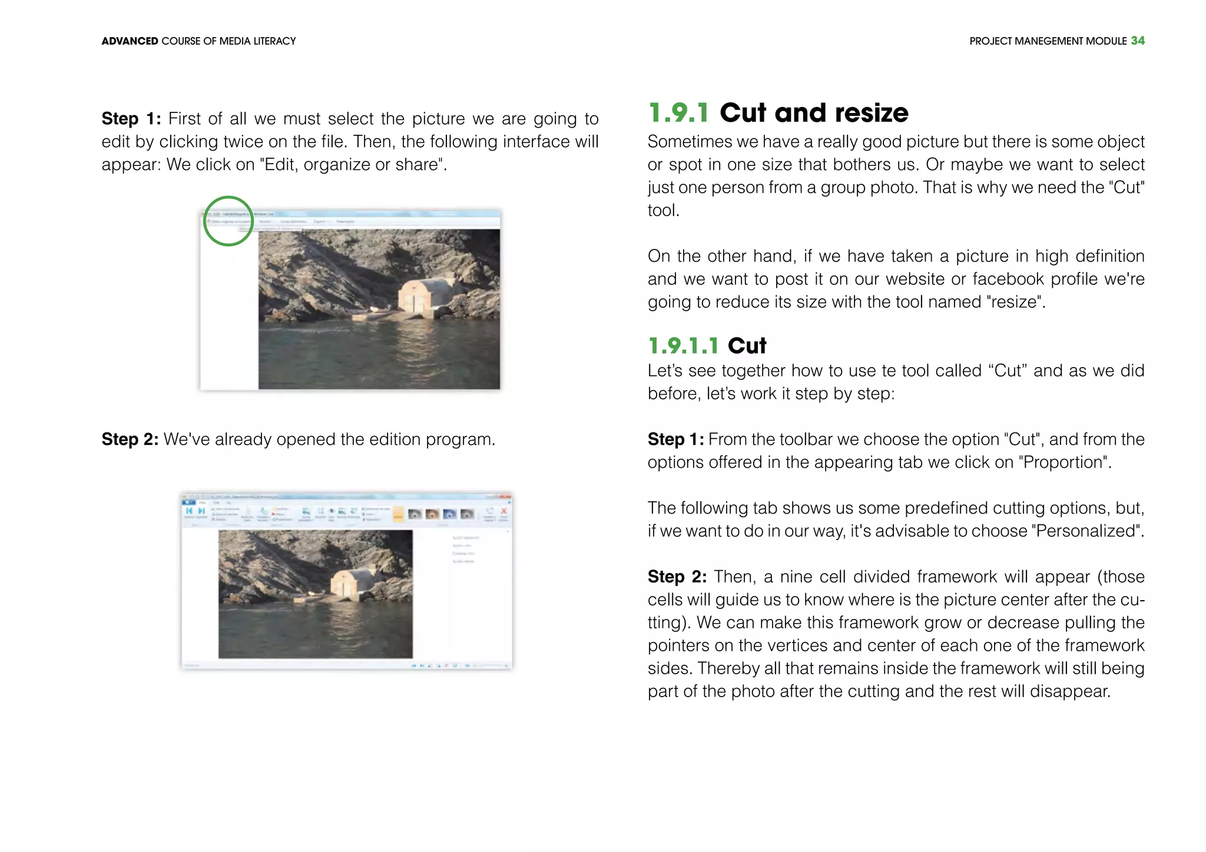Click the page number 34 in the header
pyautogui.click(x=1137, y=41)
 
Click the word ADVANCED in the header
pyautogui.click(x=130, y=41)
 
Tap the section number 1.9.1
pyautogui.click(x=678, y=112)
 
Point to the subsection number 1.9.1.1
pyautogui.click(x=683, y=345)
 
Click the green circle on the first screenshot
pyautogui.click(x=228, y=221)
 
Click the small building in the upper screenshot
pyautogui.click(x=426, y=294)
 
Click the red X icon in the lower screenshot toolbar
pyautogui.click(x=503, y=511)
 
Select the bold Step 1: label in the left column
pyautogui.click(x=131, y=118)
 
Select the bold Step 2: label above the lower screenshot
pyautogui.click(x=130, y=439)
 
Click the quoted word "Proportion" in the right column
pyautogui.click(x=1063, y=462)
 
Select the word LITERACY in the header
pyautogui.click(x=274, y=41)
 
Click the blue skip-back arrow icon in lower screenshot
pyautogui.click(x=189, y=511)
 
